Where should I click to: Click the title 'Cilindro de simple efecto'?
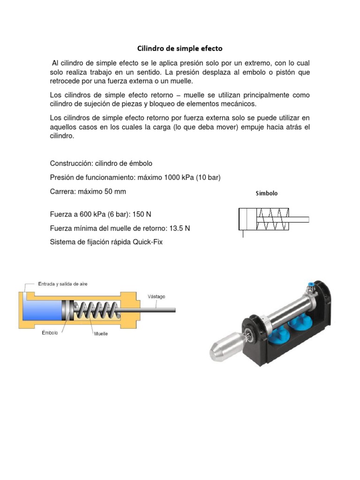click(x=180, y=48)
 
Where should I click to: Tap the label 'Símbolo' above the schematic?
click(x=266, y=193)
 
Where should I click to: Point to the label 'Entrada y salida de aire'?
click(x=62, y=284)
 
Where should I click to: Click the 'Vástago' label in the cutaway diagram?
click(x=156, y=296)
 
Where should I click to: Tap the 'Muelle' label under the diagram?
click(x=101, y=334)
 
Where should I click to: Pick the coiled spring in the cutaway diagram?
click(x=96, y=310)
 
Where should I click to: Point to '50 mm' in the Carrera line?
click(x=116, y=191)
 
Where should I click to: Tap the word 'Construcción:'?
click(x=71, y=164)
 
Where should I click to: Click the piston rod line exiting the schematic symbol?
click(x=298, y=219)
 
